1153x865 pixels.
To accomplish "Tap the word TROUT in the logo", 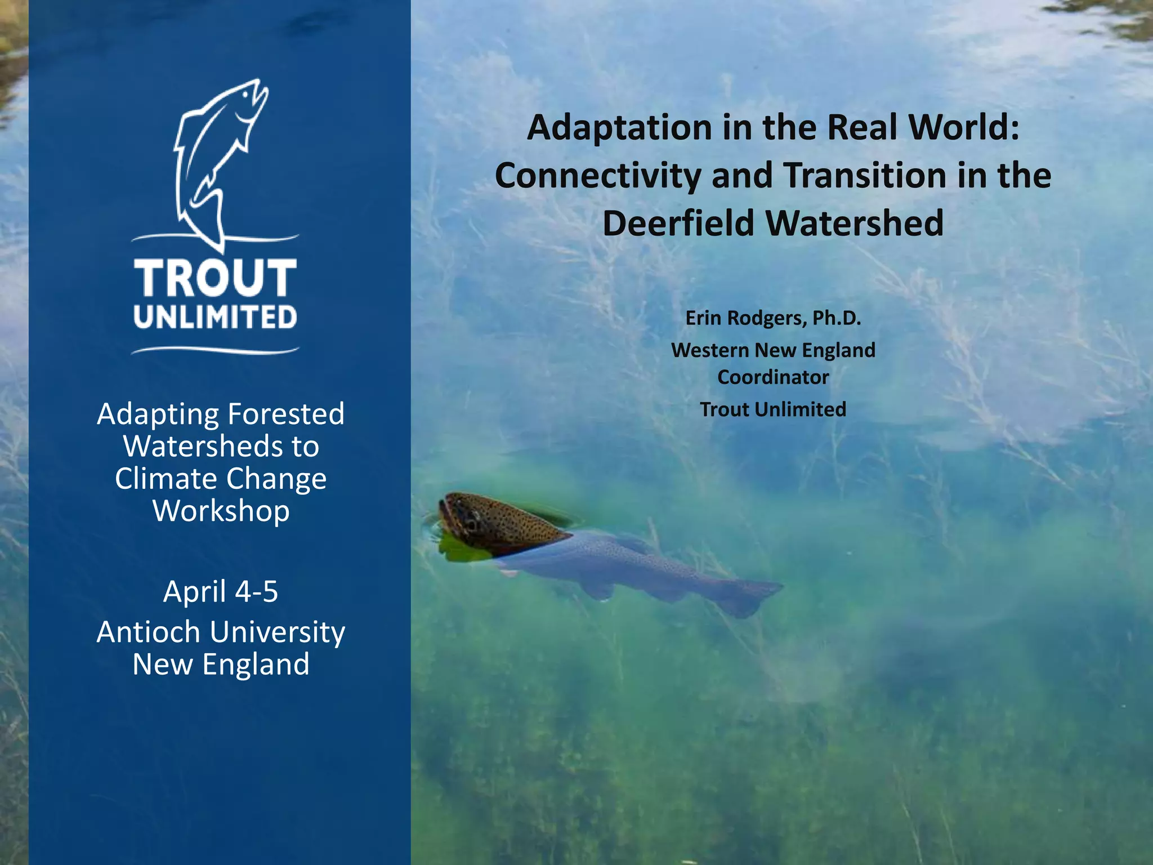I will click(215, 278).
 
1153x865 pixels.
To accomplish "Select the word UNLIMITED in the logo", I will click(215, 318).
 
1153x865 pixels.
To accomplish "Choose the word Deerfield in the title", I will click(678, 224).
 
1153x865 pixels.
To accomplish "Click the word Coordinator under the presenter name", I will click(772, 377).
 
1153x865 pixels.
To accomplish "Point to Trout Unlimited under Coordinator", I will click(772, 409).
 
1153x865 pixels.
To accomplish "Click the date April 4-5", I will click(220, 592).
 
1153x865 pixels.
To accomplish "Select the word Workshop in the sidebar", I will click(221, 511).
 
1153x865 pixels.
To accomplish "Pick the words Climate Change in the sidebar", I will click(221, 479).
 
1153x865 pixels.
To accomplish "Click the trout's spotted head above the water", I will click(490, 521).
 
